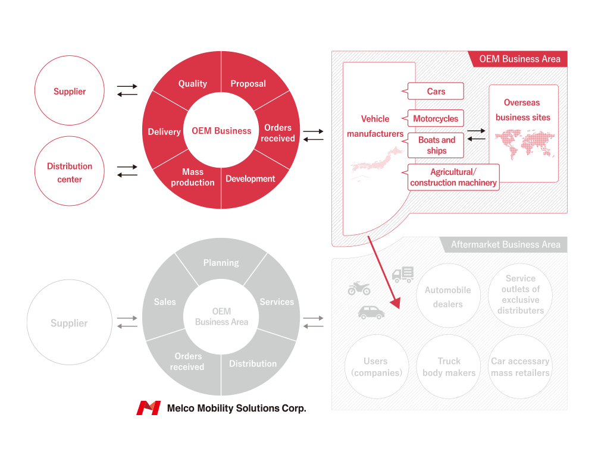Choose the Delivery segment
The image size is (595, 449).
click(163, 131)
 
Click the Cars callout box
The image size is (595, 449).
click(436, 91)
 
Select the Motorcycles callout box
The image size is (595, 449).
click(436, 118)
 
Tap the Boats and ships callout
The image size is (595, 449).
click(436, 145)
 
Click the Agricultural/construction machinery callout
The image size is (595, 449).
click(453, 177)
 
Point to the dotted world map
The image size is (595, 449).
click(524, 144)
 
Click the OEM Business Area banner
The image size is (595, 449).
click(518, 59)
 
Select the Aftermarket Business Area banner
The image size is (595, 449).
click(504, 244)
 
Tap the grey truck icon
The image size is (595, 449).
click(403, 274)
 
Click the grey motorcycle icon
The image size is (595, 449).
click(359, 288)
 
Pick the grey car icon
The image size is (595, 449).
click(371, 312)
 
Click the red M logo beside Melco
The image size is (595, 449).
click(148, 408)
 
